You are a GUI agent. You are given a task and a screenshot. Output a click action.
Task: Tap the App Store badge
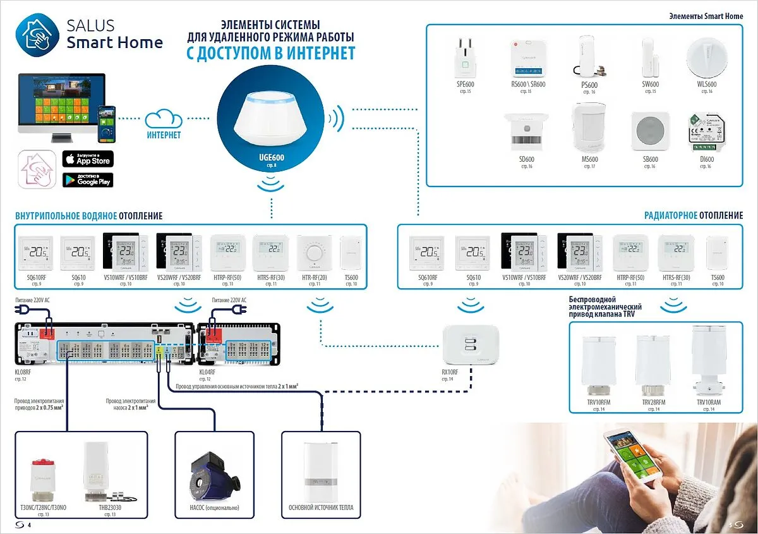point(88,159)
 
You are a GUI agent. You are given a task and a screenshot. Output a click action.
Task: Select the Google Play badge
point(88,179)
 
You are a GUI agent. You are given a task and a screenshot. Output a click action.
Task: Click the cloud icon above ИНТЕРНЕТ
point(164,119)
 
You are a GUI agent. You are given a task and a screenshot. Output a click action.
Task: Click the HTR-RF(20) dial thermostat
point(314,253)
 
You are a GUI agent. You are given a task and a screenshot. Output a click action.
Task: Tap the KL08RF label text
point(23,373)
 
